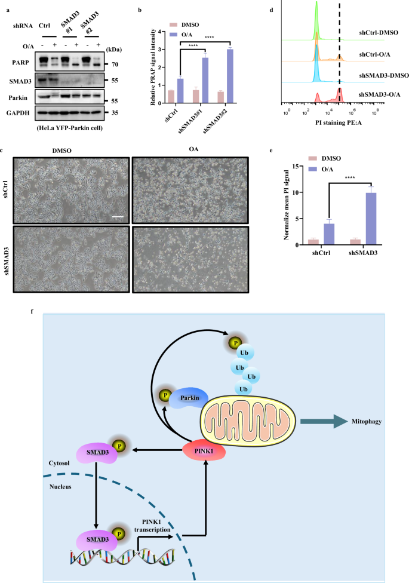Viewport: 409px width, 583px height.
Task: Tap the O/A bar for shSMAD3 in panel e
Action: click(x=371, y=218)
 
